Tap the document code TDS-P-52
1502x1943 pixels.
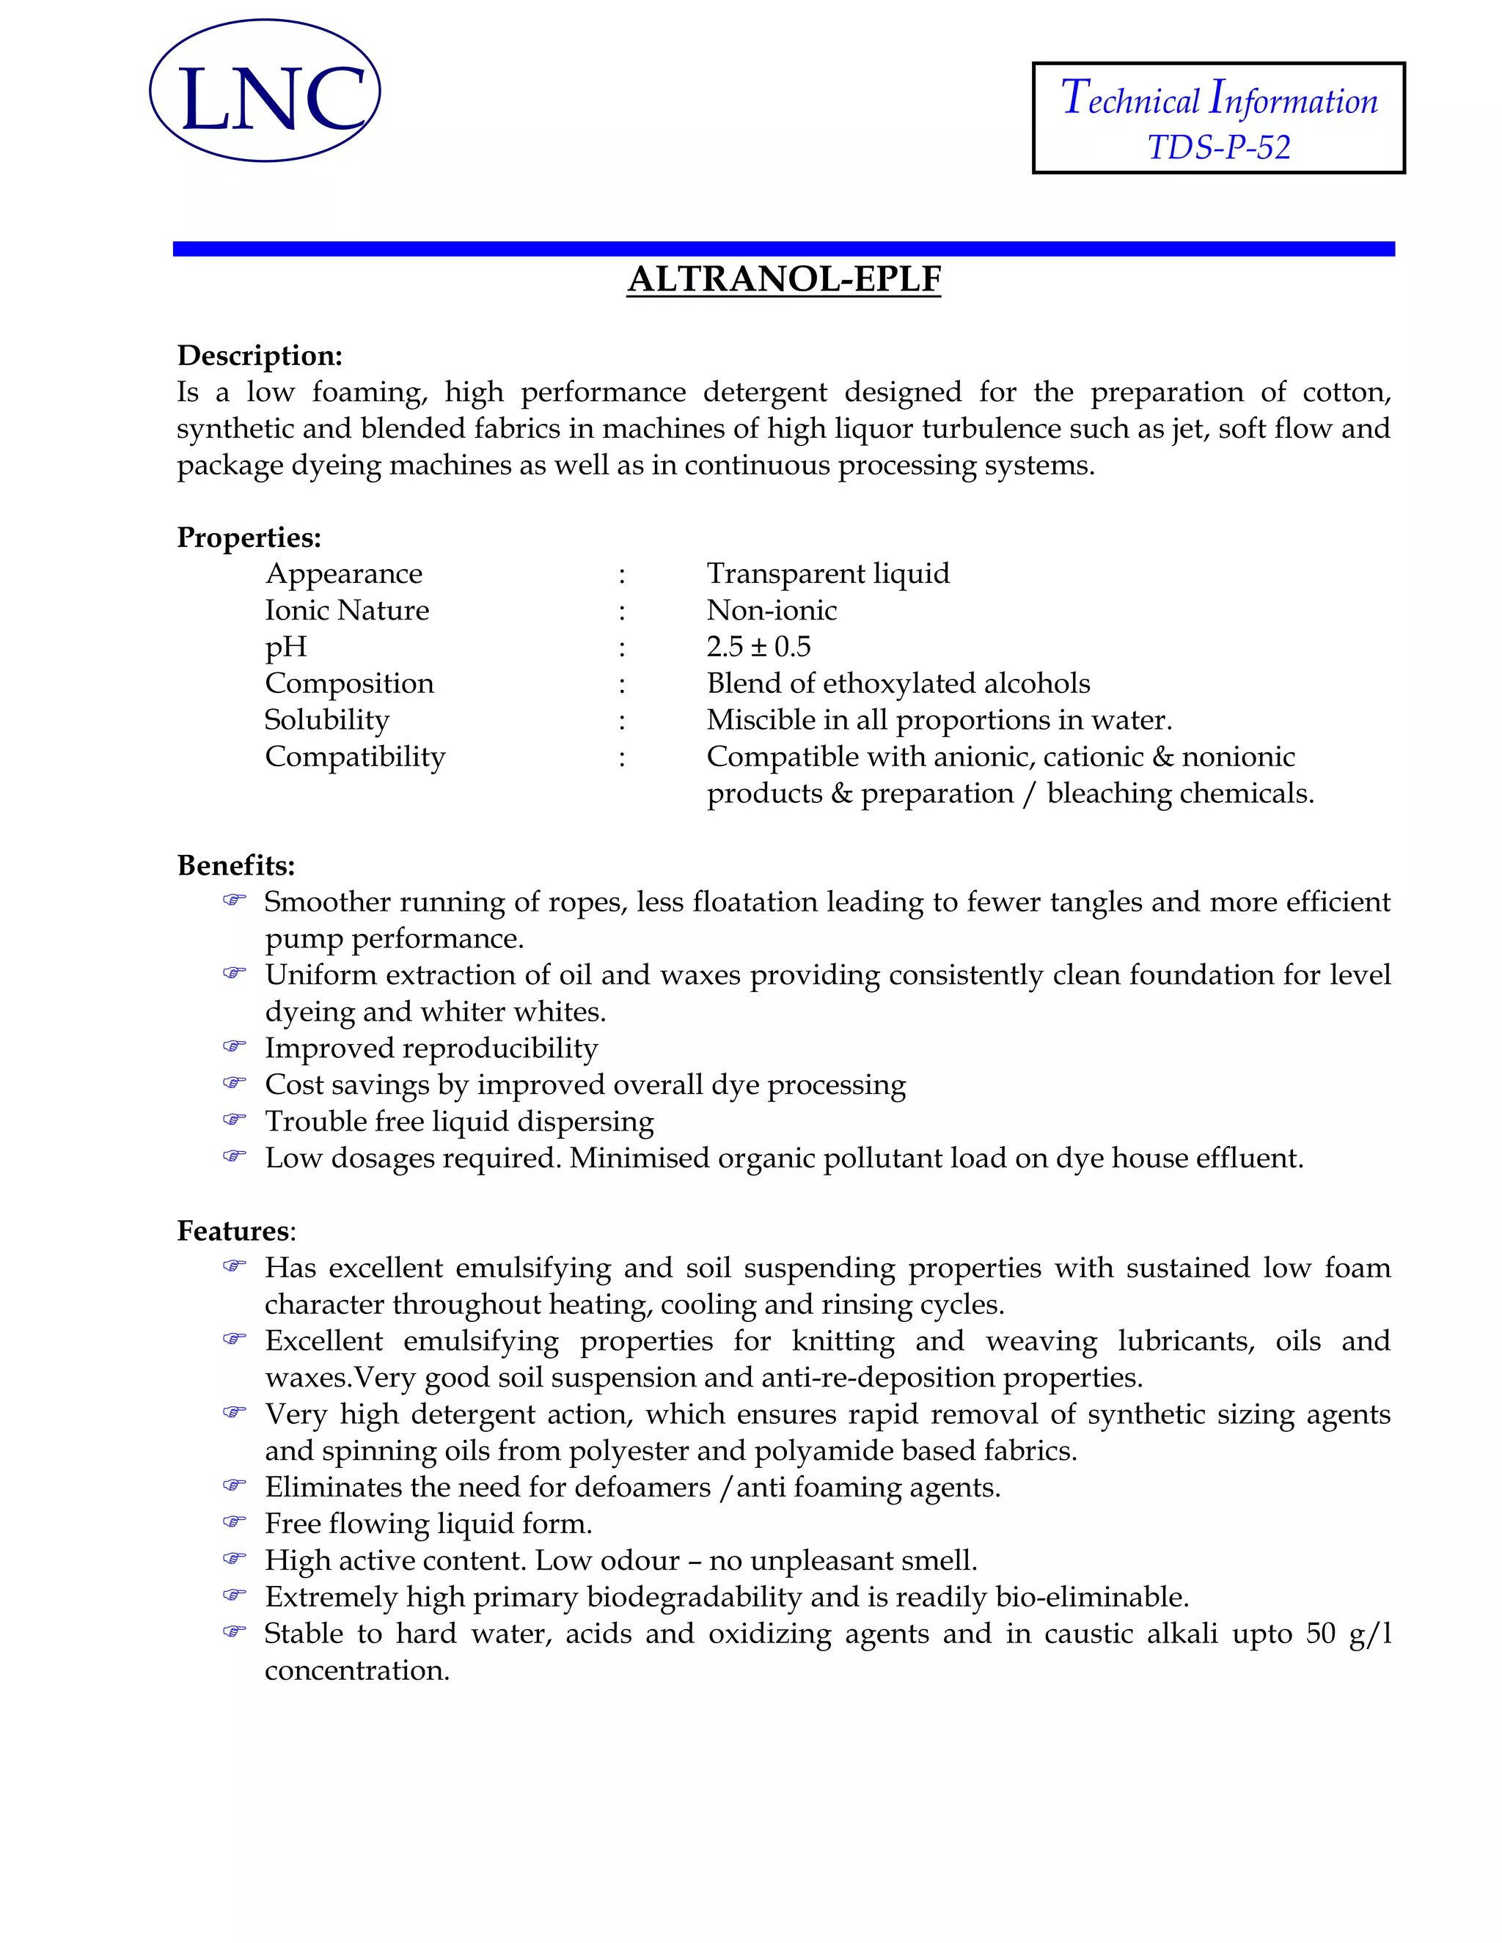click(x=1218, y=147)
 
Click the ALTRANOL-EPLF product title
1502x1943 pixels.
click(x=783, y=279)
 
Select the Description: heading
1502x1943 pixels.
click(x=260, y=356)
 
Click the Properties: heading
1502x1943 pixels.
click(x=249, y=537)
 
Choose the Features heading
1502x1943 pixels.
click(x=233, y=1230)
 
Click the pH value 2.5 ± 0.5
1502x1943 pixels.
click(x=758, y=647)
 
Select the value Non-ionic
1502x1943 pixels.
click(x=771, y=610)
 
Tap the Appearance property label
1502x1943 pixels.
click(x=343, y=574)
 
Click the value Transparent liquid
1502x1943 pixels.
click(x=827, y=574)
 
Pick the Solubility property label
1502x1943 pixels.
click(x=326, y=720)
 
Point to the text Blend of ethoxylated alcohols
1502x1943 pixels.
click(x=898, y=683)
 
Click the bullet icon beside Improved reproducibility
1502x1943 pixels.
click(x=234, y=1046)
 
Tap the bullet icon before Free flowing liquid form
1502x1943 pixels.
click(x=234, y=1522)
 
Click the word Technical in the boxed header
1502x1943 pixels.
click(x=1130, y=100)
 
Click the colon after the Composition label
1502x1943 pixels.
click(x=622, y=684)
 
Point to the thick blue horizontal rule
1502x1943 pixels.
click(x=783, y=249)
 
